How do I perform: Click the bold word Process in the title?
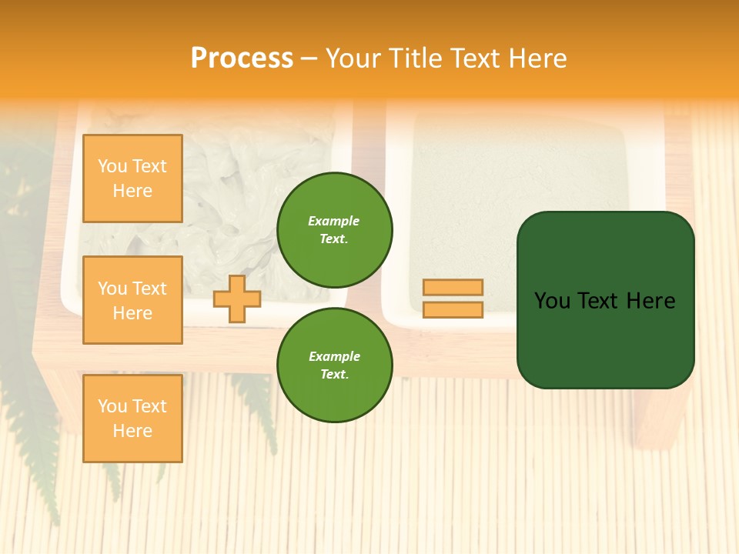tap(242, 58)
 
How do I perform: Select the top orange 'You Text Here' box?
tap(132, 179)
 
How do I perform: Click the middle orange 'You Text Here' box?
tap(132, 300)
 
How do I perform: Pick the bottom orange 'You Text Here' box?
tap(132, 419)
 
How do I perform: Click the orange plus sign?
tap(236, 299)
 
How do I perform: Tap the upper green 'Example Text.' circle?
tap(334, 230)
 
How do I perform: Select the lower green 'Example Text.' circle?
tap(334, 365)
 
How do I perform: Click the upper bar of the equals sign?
tap(453, 288)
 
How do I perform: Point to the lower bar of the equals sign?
tap(453, 310)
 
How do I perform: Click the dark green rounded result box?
tap(605, 339)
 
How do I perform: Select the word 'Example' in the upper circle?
tap(334, 222)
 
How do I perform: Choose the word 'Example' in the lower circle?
tap(334, 357)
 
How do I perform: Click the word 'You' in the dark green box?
tap(552, 301)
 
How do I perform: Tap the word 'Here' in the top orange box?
tap(132, 191)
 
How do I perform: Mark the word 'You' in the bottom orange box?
tap(112, 406)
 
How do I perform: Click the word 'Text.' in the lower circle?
tap(334, 375)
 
